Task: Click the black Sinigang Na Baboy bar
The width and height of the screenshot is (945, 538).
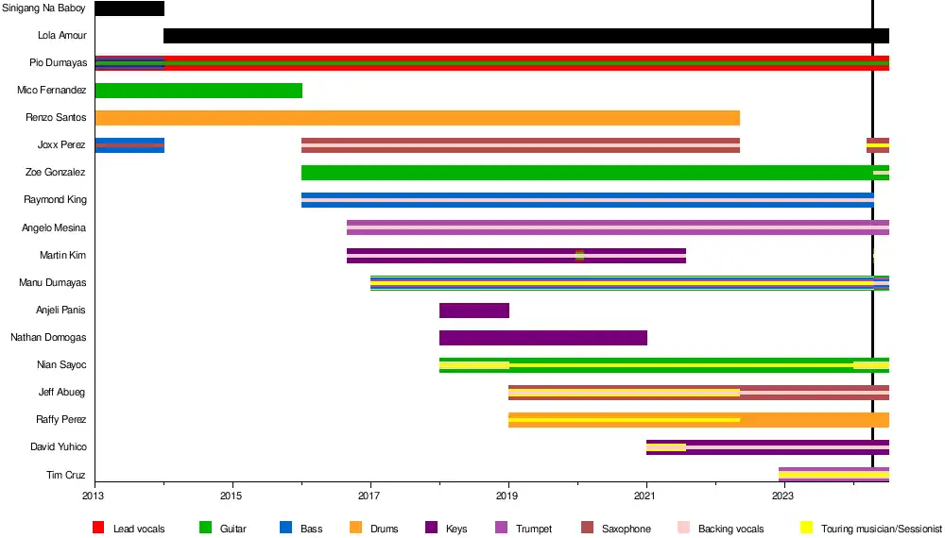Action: pos(129,8)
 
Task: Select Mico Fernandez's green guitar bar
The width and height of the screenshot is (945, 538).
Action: pos(198,91)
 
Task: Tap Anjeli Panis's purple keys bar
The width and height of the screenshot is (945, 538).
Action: pos(474,311)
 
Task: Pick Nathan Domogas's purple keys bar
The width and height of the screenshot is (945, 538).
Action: pos(543,338)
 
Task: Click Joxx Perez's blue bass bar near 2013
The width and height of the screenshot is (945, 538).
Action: pos(129,145)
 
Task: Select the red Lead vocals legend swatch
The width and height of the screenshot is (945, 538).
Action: pos(98,529)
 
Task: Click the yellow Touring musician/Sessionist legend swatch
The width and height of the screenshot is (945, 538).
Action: pos(806,529)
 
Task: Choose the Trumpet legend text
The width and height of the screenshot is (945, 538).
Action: pos(534,529)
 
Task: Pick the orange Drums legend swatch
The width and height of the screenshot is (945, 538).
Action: pos(355,529)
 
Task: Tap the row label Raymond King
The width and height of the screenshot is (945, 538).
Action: pos(55,200)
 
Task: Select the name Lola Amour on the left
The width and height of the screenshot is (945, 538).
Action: pos(61,36)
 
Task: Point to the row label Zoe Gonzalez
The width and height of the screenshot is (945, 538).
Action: pos(56,173)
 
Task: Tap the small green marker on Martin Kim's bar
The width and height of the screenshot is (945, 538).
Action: pos(579,255)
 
